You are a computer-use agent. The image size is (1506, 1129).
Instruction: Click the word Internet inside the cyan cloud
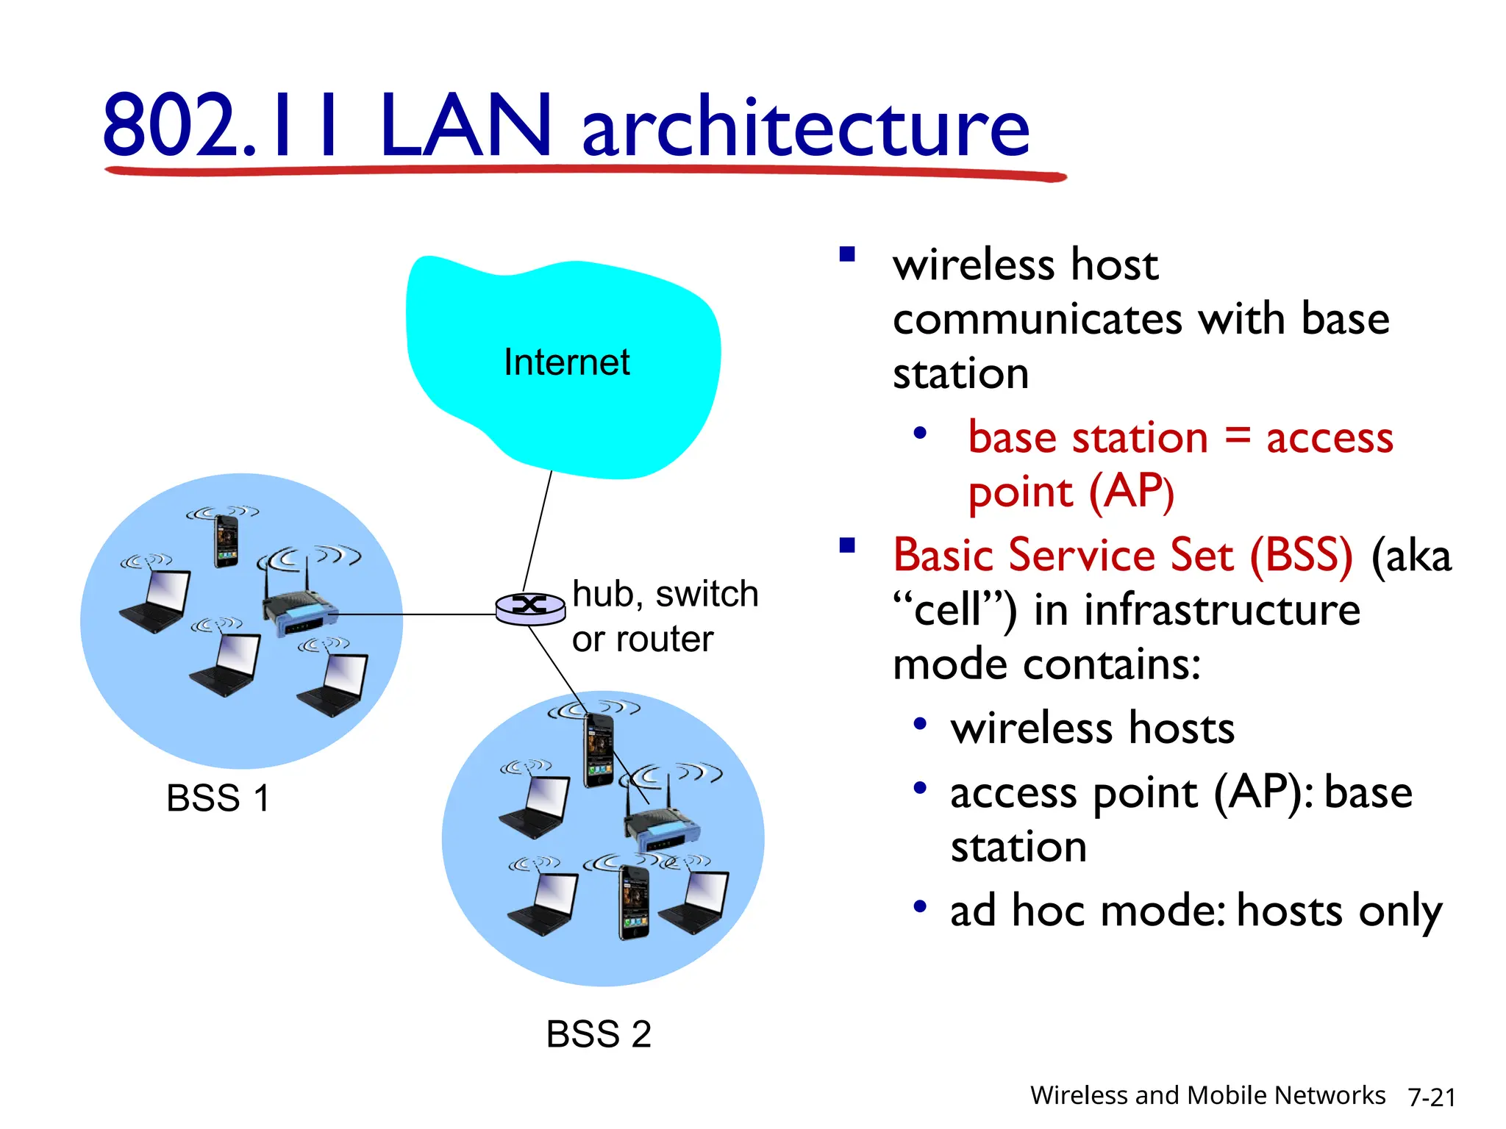pyautogui.click(x=566, y=362)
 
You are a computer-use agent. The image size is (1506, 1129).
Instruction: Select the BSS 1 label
pyautogui.click(x=218, y=798)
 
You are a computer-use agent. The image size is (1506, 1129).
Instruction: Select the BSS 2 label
pyautogui.click(x=599, y=1034)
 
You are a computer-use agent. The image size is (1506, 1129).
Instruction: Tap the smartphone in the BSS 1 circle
pyautogui.click(x=226, y=541)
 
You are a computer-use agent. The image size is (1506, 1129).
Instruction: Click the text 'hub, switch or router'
pyautogui.click(x=663, y=616)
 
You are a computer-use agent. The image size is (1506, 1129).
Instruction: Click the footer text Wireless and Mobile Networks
pyautogui.click(x=1207, y=1095)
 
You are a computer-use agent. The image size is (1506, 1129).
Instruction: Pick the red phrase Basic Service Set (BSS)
pyautogui.click(x=1122, y=555)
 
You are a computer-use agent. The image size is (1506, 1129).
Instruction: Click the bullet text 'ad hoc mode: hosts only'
pyautogui.click(x=1196, y=911)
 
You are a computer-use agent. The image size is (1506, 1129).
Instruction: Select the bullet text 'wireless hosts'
pyautogui.click(x=1092, y=728)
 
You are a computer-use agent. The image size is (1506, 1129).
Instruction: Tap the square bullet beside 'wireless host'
pyautogui.click(x=847, y=254)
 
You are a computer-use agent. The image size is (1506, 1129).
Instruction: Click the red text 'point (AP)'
pyautogui.click(x=1071, y=492)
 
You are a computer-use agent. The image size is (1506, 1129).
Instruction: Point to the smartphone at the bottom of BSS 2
pyautogui.click(x=633, y=902)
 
